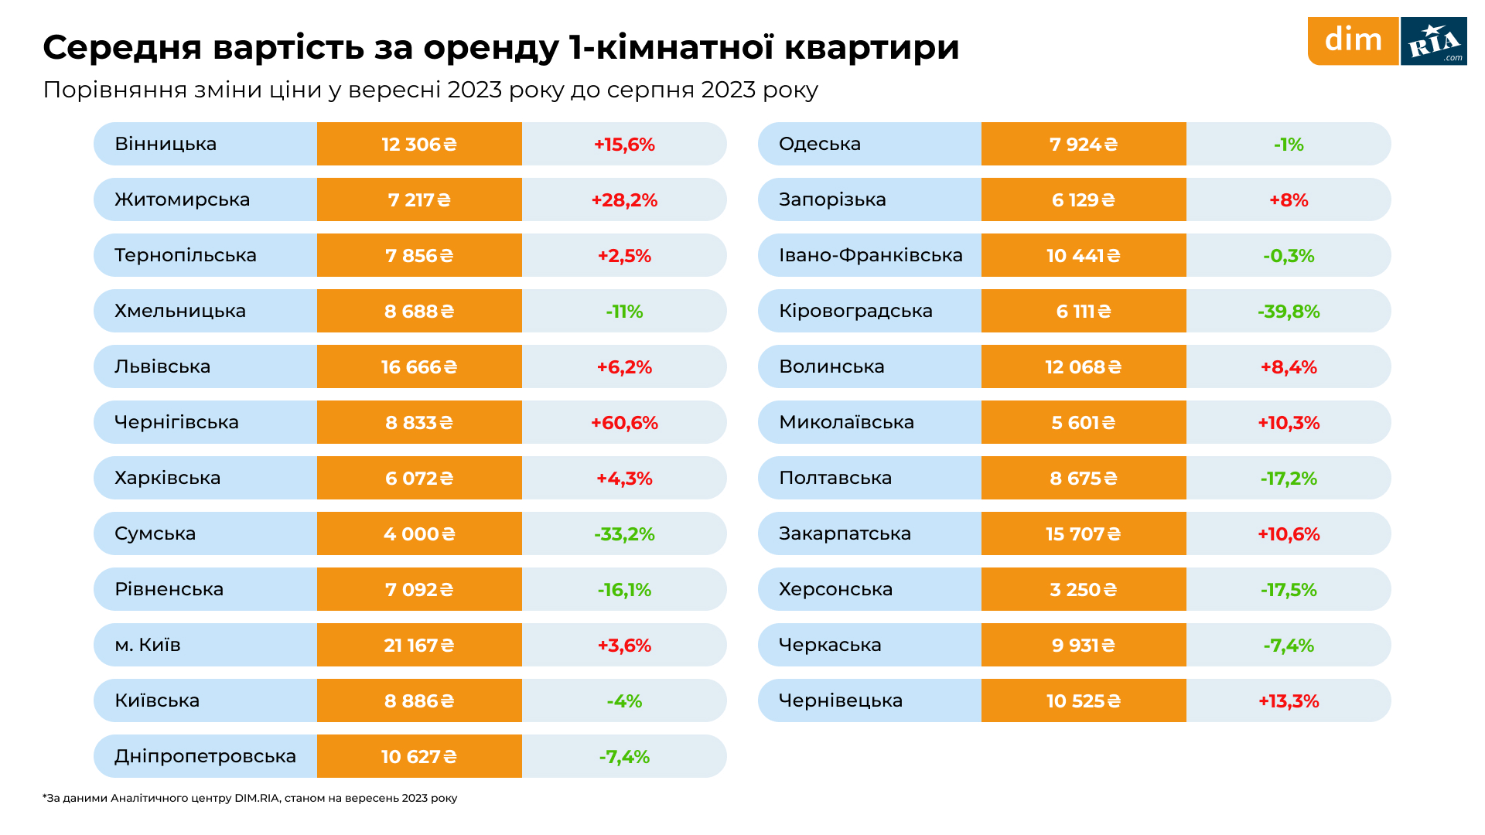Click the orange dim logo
tap(1353, 40)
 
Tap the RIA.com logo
tap(1433, 41)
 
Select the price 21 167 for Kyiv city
tap(418, 645)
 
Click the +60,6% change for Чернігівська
tap(624, 422)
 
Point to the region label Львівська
tap(162, 366)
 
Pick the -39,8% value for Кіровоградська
tap(1289, 311)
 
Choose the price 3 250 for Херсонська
tap(1083, 589)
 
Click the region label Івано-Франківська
tap(870, 255)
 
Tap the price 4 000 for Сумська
tap(418, 533)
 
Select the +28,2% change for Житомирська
tap(624, 199)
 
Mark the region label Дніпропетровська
tap(205, 756)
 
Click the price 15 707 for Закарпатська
tap(1083, 533)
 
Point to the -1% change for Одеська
tap(1289, 144)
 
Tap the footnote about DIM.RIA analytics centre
tap(250, 798)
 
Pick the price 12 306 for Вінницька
tap(418, 144)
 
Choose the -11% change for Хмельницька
tap(624, 311)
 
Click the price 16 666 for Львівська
tap(418, 366)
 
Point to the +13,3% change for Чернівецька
tap(1289, 700)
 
